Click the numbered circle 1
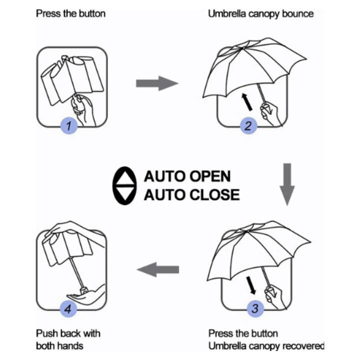coord(69,125)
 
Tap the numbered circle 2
coord(247,125)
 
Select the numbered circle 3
coord(254,308)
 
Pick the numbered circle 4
coord(69,308)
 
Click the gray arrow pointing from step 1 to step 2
coord(156,83)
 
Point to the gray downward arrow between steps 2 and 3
coord(286,183)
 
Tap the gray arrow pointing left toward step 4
coord(158,270)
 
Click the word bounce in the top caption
coord(296,13)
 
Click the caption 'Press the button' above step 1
coord(70,13)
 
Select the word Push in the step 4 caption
coord(46,333)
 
